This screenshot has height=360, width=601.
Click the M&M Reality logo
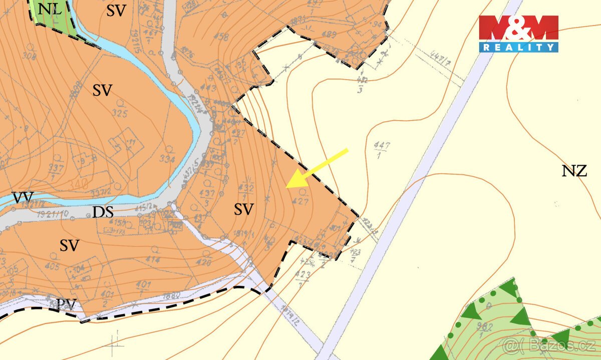click(x=518, y=34)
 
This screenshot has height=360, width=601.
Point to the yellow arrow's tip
click(x=287, y=187)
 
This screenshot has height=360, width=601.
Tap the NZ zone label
click(x=574, y=172)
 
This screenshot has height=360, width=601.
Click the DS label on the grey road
click(x=103, y=212)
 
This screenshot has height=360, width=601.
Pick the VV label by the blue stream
click(x=22, y=198)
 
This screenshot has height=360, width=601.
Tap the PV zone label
click(x=66, y=303)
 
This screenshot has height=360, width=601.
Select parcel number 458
click(x=220, y=37)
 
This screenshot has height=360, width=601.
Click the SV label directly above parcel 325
click(x=102, y=91)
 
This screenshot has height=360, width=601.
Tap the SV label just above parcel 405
click(x=70, y=246)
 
